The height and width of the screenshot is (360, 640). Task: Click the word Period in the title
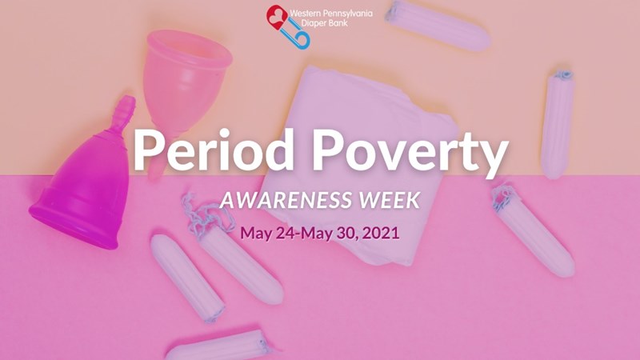coord(213,150)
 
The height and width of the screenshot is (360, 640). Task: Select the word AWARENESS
coord(286,199)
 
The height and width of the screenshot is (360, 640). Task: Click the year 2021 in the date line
coord(381,233)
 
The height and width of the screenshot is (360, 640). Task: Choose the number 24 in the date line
coord(285,233)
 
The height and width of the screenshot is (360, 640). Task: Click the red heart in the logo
coord(276,17)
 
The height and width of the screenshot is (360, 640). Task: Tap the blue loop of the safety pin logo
coord(302,41)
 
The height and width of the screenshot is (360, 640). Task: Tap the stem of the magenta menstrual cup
coord(125,109)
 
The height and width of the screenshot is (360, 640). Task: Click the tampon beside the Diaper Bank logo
coord(438,26)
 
